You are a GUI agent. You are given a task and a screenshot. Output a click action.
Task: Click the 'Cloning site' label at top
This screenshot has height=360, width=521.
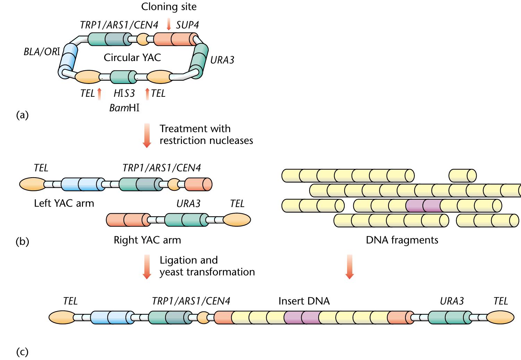(169, 7)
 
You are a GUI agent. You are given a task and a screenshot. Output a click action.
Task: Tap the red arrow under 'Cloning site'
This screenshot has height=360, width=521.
(169, 24)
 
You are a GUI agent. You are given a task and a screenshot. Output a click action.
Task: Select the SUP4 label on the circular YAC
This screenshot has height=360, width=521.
(187, 25)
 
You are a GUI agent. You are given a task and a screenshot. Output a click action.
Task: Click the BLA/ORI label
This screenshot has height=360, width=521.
(42, 52)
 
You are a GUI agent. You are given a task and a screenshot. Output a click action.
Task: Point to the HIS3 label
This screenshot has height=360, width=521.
(124, 93)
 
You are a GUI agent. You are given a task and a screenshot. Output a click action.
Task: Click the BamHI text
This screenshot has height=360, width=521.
(124, 108)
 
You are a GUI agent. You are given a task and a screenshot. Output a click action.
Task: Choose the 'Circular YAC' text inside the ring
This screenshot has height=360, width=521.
(132, 57)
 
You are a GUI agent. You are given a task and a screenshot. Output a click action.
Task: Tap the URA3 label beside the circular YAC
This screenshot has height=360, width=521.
(222, 60)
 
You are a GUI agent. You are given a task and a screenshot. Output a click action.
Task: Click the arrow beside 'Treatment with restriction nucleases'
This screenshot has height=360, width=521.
(147, 135)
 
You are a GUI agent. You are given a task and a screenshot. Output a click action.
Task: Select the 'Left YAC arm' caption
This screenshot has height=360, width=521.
(64, 203)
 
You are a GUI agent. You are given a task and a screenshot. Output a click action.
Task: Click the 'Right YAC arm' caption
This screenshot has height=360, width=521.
(147, 240)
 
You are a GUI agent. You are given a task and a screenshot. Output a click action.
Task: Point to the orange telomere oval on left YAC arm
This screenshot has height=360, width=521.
(32, 184)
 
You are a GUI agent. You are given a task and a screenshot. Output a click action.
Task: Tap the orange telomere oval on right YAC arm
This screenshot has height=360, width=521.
(236, 220)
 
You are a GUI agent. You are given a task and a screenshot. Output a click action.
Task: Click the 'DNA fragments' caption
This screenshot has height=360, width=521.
(402, 240)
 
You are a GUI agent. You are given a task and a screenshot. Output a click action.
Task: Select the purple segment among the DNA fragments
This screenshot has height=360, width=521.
(423, 206)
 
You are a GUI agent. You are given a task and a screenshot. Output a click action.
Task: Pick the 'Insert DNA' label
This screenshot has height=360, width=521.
(304, 301)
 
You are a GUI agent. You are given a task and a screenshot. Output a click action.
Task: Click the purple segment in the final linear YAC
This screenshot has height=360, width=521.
(301, 317)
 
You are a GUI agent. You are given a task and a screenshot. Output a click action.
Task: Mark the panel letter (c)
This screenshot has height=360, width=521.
(22, 352)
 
